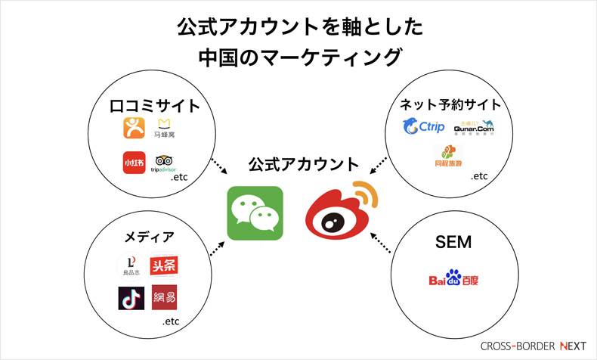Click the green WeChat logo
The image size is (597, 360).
click(x=255, y=213)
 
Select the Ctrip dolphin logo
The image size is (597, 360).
click(x=423, y=126)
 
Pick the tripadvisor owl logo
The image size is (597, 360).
click(x=163, y=163)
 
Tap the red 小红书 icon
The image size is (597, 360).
click(x=134, y=163)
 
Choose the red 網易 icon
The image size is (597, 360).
click(x=164, y=297)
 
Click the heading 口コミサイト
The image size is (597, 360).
click(x=155, y=105)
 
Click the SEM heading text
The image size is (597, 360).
click(x=453, y=242)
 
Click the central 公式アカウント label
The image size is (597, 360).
click(x=304, y=163)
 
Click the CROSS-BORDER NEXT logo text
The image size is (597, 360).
click(x=533, y=346)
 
